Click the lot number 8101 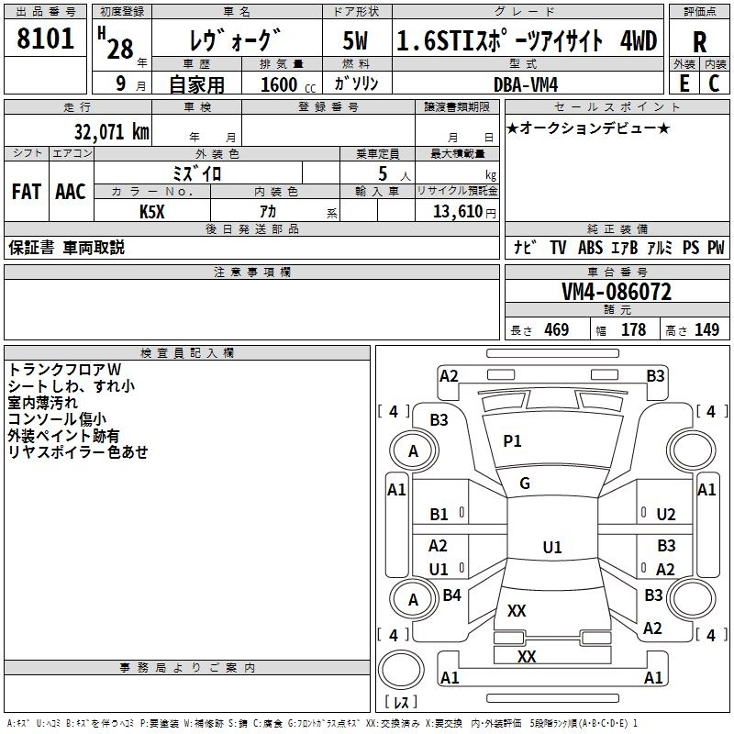tap(45, 39)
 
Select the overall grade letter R tap(699, 42)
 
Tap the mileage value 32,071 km tap(112, 132)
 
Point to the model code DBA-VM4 tap(526, 84)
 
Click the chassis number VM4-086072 tap(617, 292)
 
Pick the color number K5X tap(152, 212)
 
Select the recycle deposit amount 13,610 tap(457, 212)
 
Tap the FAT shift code tap(27, 192)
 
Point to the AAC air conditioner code tap(71, 192)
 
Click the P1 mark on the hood tap(512, 441)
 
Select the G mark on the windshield tap(525, 484)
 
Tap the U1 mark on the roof tap(552, 547)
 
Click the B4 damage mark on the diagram tap(451, 595)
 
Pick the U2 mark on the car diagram tap(666, 515)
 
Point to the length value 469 tap(557, 330)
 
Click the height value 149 tap(706, 330)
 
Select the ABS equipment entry tap(590, 248)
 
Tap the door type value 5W tap(355, 40)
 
